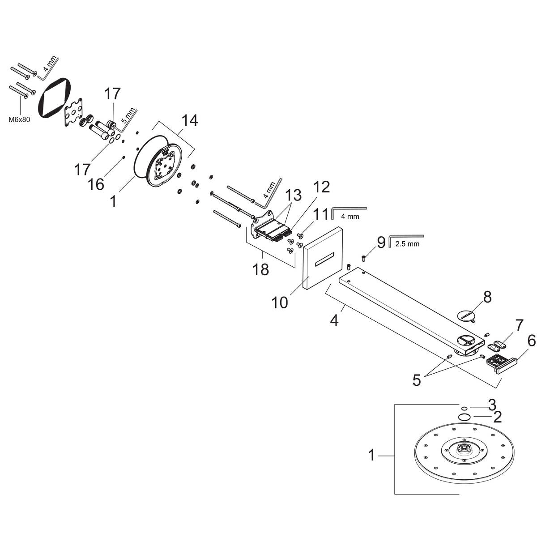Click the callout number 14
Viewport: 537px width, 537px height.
click(189, 121)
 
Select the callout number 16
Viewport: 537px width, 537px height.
click(96, 183)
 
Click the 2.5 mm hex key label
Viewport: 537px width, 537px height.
click(407, 244)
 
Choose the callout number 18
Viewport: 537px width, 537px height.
click(261, 269)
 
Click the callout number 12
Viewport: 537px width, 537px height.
click(321, 187)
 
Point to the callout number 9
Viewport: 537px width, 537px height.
click(381, 243)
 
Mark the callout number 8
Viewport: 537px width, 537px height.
click(487, 296)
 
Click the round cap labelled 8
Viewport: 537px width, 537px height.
click(467, 315)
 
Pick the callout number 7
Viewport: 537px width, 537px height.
click(519, 325)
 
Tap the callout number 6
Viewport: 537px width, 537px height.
click(531, 341)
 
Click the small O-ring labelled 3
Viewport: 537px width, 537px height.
click(465, 408)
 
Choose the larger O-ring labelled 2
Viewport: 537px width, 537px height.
click(464, 417)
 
